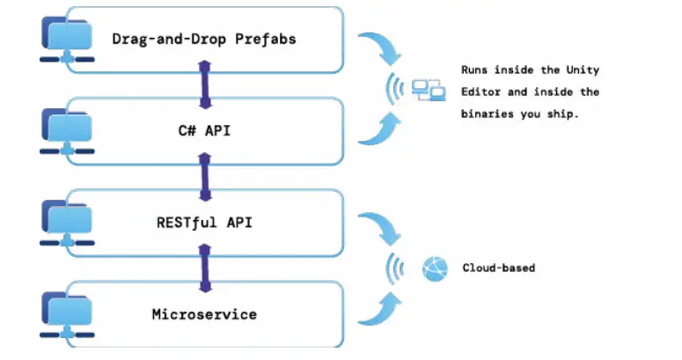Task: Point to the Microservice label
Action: [203, 314]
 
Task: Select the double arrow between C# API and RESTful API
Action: [205, 177]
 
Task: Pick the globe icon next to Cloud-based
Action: [435, 268]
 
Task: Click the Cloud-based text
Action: [498, 268]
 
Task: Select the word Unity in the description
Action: [582, 70]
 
